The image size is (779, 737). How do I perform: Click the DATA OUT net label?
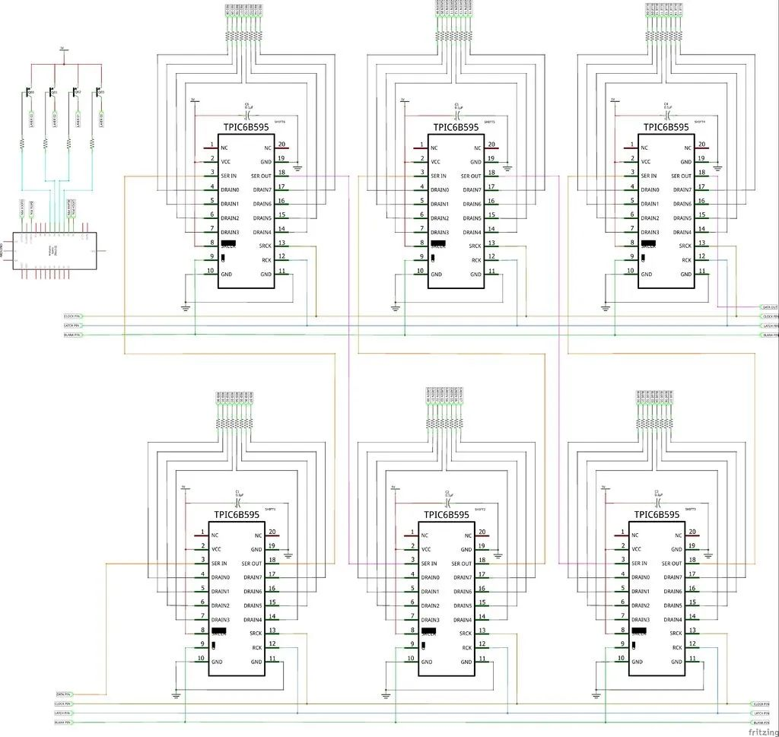[x=769, y=307]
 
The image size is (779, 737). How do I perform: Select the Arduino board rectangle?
[x=54, y=248]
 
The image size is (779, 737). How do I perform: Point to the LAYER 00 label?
[x=100, y=118]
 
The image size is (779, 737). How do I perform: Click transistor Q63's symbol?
[x=29, y=92]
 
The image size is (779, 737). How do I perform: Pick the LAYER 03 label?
[x=31, y=118]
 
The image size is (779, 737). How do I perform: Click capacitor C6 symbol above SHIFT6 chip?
[x=246, y=111]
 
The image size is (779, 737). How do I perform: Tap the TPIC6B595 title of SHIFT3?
[x=657, y=515]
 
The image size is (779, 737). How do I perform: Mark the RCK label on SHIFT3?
[x=676, y=647]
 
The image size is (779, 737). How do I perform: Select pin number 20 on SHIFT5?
[x=491, y=145]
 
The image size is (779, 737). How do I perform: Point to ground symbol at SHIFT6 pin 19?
[x=297, y=167]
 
